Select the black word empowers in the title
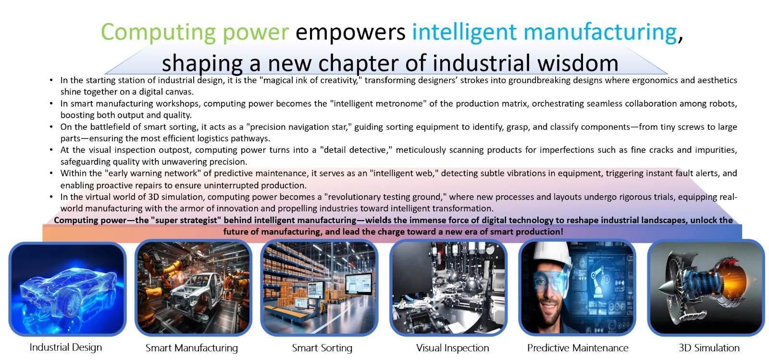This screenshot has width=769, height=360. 350,32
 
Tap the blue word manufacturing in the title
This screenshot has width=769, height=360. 600,32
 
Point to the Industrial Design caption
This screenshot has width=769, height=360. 66,348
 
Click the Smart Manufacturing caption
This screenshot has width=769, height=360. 192,348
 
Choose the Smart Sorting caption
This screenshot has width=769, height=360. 322,348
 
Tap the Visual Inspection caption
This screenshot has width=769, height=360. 452,348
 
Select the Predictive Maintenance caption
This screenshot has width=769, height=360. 578,348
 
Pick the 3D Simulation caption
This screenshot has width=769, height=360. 709,348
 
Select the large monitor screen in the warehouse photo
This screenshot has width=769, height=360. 359,284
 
